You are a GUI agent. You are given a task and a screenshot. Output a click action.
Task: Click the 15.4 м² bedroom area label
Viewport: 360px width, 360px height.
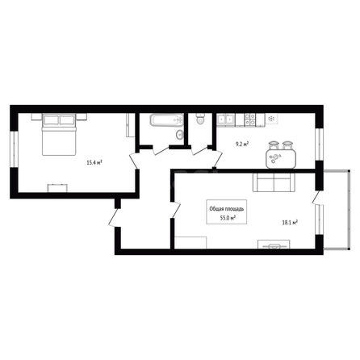click(x=94, y=162)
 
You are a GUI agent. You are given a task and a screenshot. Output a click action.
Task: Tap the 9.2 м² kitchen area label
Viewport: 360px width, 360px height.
click(x=242, y=144)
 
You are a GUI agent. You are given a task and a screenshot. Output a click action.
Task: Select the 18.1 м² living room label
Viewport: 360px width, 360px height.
click(x=290, y=223)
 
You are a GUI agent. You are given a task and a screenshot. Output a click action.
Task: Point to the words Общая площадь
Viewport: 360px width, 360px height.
click(x=227, y=209)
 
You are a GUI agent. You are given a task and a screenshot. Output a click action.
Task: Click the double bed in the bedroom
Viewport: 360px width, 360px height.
click(x=59, y=134)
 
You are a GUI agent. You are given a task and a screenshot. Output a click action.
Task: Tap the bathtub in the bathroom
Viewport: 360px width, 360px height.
click(x=167, y=120)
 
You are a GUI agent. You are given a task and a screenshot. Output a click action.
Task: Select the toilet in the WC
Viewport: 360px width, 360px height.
click(x=200, y=119)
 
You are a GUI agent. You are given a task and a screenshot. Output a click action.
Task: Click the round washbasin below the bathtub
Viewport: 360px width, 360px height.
click(x=180, y=134)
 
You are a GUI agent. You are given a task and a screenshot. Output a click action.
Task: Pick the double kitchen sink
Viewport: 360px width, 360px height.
click(x=226, y=119)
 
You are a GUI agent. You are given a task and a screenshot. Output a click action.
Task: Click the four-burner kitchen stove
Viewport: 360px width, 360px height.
click(x=250, y=119)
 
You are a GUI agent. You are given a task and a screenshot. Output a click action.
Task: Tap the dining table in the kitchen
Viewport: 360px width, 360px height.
click(x=281, y=159)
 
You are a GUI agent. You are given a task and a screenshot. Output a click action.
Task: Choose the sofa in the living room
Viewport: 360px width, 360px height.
click(x=274, y=182)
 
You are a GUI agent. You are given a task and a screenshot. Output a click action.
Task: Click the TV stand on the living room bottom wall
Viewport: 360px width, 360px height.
click(x=274, y=245)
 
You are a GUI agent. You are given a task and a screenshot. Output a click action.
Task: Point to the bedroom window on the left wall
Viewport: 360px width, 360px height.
click(x=14, y=149)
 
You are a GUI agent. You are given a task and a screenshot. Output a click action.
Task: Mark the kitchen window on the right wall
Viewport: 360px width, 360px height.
click(x=319, y=144)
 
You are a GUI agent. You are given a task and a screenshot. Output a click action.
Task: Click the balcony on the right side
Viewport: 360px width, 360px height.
click(x=337, y=210)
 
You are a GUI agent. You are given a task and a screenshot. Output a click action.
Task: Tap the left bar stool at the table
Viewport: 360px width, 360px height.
click(x=274, y=145)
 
